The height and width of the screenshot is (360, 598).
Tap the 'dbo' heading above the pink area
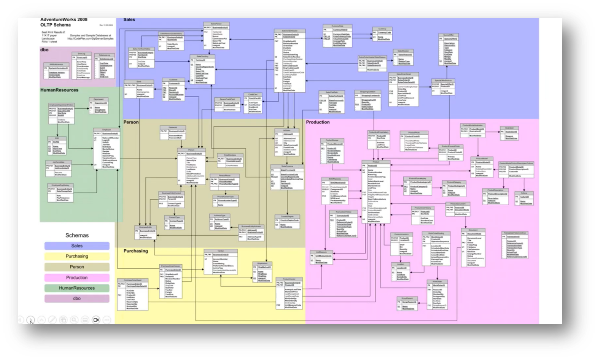[x=45, y=50]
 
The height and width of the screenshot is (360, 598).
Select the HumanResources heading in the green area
[x=59, y=90]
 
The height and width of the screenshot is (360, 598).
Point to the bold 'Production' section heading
[x=318, y=122]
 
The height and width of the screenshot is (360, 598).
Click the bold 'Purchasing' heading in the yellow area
[x=135, y=251]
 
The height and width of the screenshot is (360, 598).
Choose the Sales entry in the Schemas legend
[x=77, y=246]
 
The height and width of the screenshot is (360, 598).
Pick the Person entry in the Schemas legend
[x=77, y=267]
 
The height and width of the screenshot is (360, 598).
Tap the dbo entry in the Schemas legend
[x=77, y=298]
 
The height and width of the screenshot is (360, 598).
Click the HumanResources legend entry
[x=77, y=288]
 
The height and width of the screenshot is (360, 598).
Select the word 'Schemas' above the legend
[x=77, y=235]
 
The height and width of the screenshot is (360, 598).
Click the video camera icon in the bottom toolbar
[x=96, y=320]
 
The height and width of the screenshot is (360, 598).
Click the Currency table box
[x=382, y=34]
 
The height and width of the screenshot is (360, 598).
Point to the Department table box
[x=98, y=106]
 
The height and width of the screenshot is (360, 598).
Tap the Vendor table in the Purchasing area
[x=221, y=262]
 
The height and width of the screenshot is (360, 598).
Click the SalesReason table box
[x=403, y=58]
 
